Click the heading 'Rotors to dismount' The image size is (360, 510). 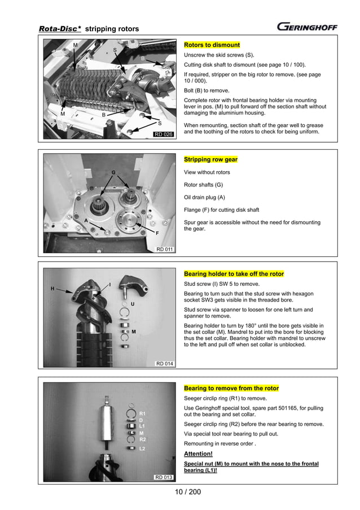tap(212, 45)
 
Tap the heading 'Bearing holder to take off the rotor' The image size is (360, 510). tap(234, 274)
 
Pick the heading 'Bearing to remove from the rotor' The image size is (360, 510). tap(231, 389)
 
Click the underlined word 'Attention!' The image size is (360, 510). tap(199, 454)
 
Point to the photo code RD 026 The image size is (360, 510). tap(164, 134)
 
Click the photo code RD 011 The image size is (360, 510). tap(164, 249)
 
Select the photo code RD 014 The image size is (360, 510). tap(164, 364)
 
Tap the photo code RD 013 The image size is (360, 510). tap(164, 478)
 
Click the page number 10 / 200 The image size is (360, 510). tap(188, 491)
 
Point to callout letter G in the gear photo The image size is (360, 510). tap(113, 172)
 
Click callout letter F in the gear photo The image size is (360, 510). tap(157, 233)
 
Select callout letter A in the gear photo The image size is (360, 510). tap(86, 220)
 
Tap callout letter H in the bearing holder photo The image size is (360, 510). tap(52, 289)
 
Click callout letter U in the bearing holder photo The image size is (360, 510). tap(133, 304)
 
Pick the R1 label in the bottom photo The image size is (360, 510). tap(142, 413)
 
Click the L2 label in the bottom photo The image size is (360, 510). tap(142, 448)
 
